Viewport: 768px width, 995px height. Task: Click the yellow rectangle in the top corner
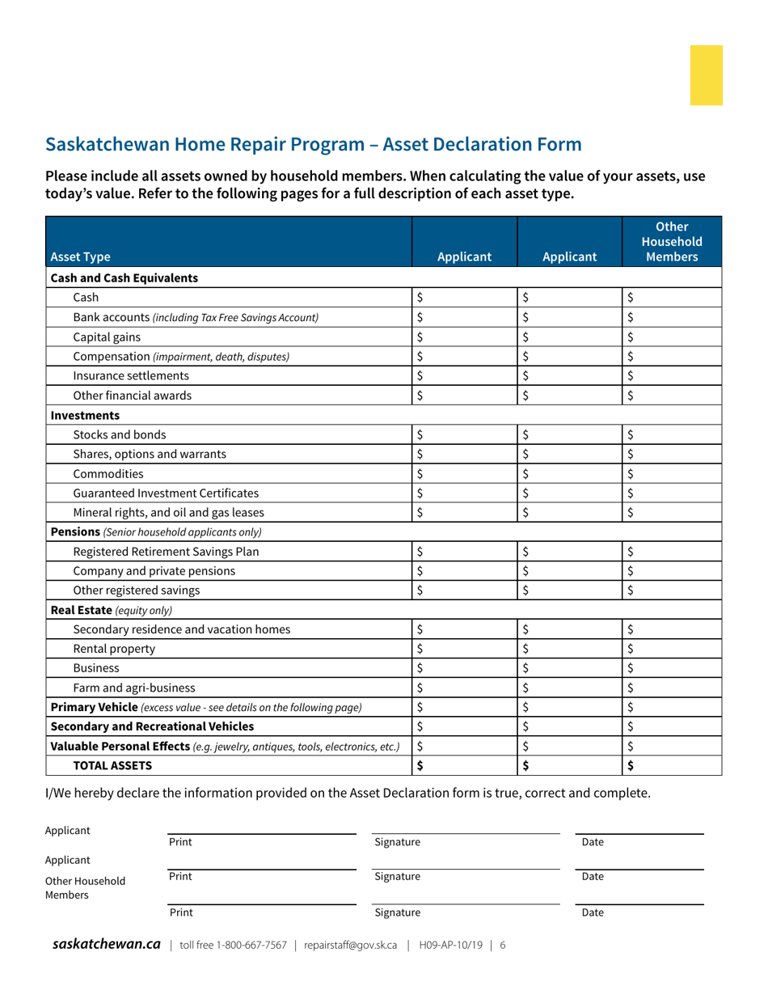pos(706,75)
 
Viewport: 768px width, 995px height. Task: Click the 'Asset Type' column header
pos(81,257)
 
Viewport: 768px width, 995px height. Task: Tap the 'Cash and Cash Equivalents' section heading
pos(124,277)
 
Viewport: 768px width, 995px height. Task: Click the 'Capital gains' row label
pos(106,337)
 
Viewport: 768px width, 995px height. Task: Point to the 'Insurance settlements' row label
pos(131,375)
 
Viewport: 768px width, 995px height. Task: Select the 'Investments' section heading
pos(85,415)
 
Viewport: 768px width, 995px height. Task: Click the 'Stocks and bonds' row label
pos(120,434)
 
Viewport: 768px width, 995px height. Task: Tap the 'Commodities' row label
pos(108,473)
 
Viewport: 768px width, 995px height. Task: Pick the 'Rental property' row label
pos(114,649)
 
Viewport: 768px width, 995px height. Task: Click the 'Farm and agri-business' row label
pos(133,688)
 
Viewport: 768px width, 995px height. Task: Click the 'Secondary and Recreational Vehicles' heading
pos(152,726)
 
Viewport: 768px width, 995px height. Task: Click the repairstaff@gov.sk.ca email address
pos(351,945)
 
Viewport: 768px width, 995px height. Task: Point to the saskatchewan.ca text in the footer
pos(107,944)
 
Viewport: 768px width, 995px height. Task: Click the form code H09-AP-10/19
pos(450,945)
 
